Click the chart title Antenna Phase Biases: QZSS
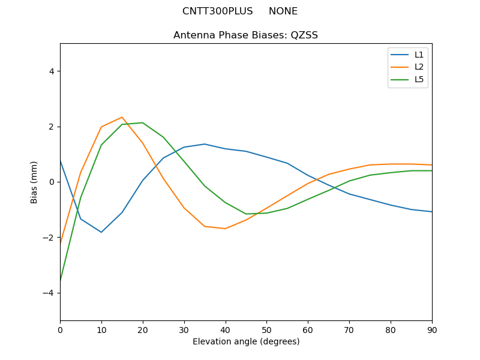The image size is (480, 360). click(x=245, y=35)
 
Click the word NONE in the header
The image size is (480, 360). click(x=283, y=11)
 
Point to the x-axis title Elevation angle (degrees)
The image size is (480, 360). click(x=245, y=342)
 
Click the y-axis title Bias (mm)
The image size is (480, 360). click(x=34, y=182)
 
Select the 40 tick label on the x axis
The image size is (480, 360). click(x=225, y=329)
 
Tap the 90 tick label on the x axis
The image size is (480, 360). click(x=431, y=329)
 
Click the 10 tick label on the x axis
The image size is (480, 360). click(x=101, y=329)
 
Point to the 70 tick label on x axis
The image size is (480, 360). click(x=349, y=329)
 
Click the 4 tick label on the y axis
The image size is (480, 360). click(x=52, y=71)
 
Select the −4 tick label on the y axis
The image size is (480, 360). click(x=49, y=293)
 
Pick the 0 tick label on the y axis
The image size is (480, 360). click(x=52, y=182)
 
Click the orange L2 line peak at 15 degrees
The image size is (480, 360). click(x=122, y=118)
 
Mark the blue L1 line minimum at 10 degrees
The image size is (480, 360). click(x=101, y=232)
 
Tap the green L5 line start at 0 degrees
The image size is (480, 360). click(x=61, y=280)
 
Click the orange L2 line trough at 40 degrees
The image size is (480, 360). click(x=225, y=229)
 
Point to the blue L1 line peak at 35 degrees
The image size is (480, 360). click(x=205, y=144)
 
